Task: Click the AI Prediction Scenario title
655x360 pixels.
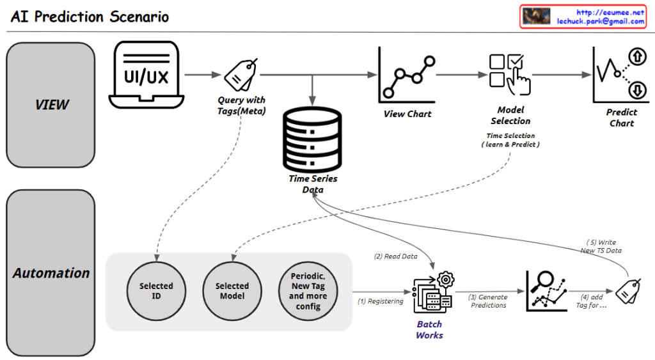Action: (90, 17)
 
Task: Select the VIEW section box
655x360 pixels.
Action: (51, 104)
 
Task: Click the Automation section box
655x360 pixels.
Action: (51, 273)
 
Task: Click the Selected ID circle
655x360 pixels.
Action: (156, 292)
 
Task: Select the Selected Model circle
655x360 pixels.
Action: (232, 292)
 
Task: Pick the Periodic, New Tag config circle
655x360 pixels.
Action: (308, 292)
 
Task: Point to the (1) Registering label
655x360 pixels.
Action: (380, 301)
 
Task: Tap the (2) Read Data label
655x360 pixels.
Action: (395, 256)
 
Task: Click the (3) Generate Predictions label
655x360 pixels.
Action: (487, 301)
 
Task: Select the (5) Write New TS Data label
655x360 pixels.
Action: (602, 246)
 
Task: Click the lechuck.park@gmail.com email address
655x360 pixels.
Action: (601, 21)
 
